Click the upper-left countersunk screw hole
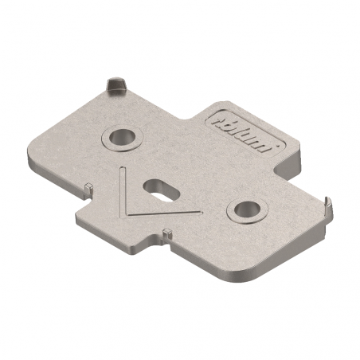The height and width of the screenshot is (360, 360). click(121, 137)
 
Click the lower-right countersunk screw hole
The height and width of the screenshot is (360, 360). click(244, 210)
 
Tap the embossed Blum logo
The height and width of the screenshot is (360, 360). click(245, 133)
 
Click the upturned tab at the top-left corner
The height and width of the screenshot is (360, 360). click(115, 83)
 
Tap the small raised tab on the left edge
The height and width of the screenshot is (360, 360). click(88, 188)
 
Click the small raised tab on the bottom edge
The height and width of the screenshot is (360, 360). click(166, 233)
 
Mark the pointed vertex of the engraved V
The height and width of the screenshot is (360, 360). click(127, 214)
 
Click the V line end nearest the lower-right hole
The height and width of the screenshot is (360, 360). click(198, 211)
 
